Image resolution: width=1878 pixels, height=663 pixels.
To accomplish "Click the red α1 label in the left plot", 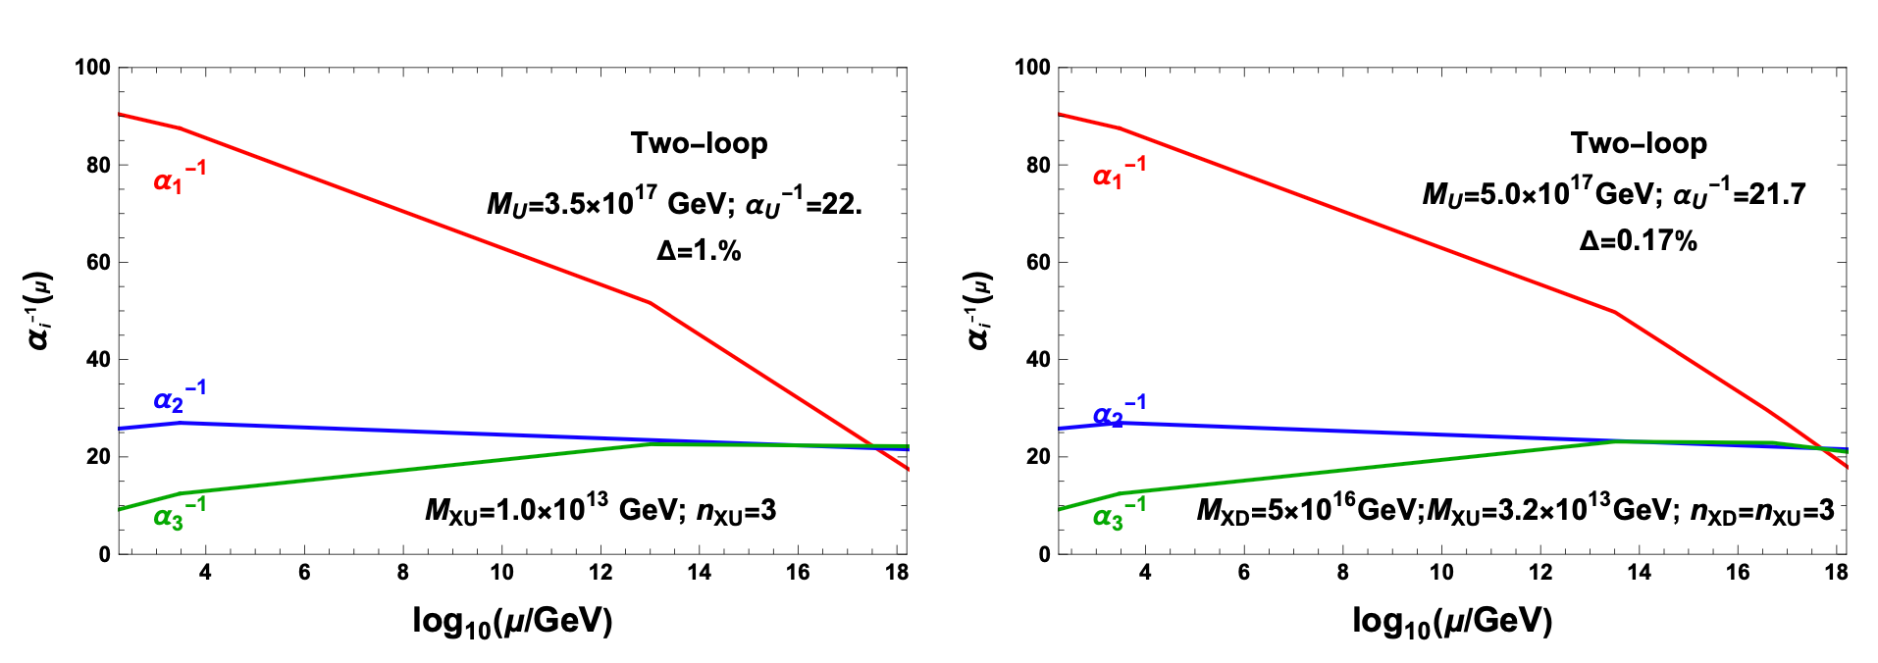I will coord(179,178).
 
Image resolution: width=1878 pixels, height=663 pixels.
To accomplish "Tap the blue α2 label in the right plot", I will coord(1119,412).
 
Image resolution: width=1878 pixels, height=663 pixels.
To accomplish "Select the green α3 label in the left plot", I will coord(179,514).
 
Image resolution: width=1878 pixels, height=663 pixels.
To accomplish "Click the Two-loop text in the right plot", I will coord(1639,144).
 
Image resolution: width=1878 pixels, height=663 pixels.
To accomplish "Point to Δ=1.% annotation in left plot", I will coord(699,251).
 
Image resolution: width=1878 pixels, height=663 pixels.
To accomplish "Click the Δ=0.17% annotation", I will coord(1638,241).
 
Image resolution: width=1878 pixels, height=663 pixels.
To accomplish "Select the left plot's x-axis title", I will coord(512,621).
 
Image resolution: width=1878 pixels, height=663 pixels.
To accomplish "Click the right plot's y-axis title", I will coord(979,310).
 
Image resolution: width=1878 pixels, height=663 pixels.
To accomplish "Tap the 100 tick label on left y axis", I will coord(93,68).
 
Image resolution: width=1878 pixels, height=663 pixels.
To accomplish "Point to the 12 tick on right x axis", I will coord(1540,573).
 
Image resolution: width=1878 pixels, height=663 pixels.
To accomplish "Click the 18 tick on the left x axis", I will coord(896,573).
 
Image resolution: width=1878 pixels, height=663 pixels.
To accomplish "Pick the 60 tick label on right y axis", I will coord(1038,262).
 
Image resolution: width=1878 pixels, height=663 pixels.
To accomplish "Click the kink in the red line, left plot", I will coord(651,303).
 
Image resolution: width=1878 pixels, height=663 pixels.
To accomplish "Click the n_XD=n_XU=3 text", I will coord(1762,511).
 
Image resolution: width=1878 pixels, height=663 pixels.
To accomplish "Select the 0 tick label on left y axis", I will coord(105,554).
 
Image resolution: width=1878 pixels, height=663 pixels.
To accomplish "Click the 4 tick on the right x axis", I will coord(1145,573).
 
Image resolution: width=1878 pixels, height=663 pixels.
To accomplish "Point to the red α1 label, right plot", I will coord(1119,176).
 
